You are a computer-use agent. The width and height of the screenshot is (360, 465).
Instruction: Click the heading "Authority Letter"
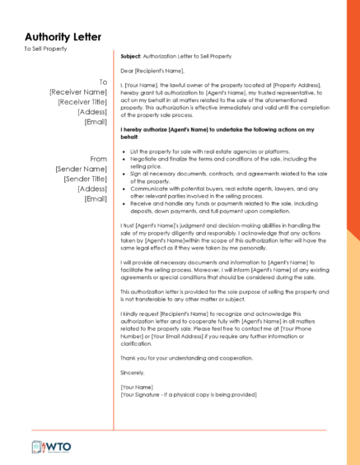click(x=63, y=37)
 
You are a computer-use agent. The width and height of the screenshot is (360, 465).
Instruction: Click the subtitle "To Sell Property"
click(x=45, y=49)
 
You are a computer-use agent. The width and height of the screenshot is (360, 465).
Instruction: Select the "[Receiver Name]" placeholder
click(x=78, y=92)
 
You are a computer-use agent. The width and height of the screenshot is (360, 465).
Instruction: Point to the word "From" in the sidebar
click(x=99, y=159)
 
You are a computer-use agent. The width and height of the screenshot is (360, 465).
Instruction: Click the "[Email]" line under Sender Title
click(x=96, y=198)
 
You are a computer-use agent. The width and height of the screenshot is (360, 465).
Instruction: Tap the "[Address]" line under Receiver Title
click(x=92, y=112)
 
